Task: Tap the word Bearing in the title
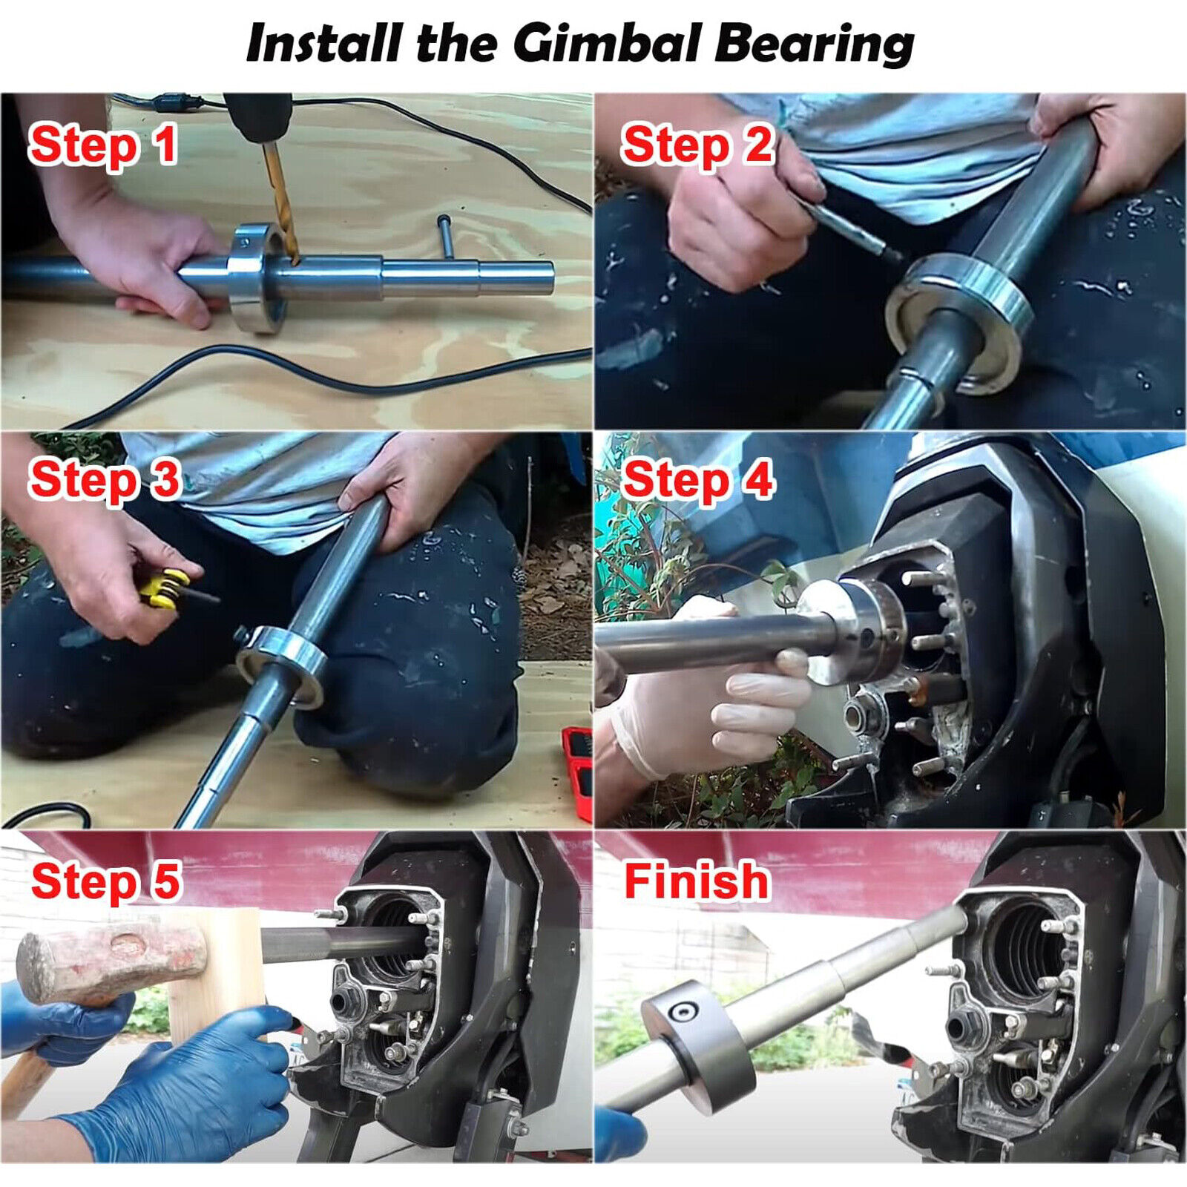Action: pos(814,45)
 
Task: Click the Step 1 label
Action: pos(103,145)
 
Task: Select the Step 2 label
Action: pos(698,145)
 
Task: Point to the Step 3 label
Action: pos(105,479)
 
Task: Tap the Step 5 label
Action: pos(106,881)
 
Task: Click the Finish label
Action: pos(697,881)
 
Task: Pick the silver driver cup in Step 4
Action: pos(853,631)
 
